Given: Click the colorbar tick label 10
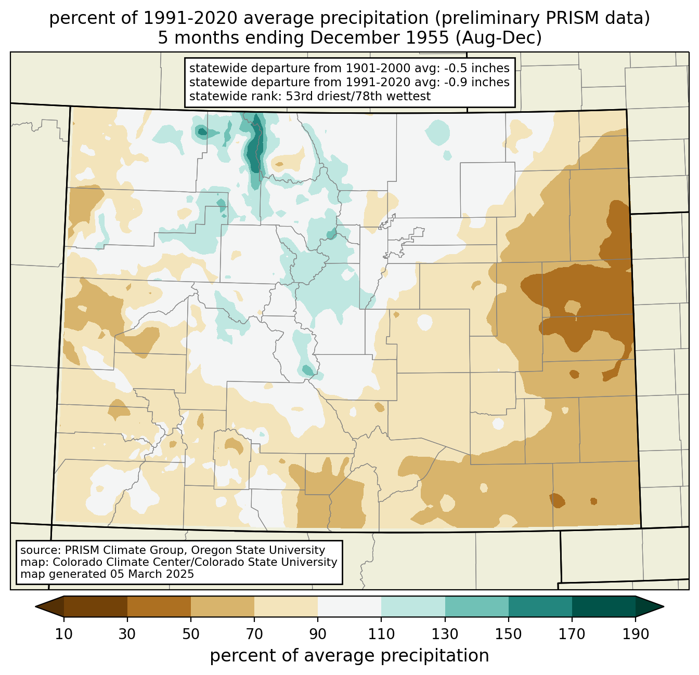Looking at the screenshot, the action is [x=63, y=634].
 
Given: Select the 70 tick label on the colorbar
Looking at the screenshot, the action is [x=254, y=634].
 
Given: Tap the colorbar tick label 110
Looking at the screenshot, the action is [x=381, y=634].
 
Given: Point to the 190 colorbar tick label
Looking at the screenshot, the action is [x=636, y=634].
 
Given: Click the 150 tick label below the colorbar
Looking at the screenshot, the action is [x=508, y=634].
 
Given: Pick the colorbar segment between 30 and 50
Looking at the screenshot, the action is [x=159, y=607].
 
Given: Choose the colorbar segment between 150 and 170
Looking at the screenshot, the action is [x=540, y=607].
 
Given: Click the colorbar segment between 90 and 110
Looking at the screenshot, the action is [x=349, y=607].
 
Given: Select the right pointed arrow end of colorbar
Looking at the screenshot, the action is [x=650, y=607].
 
